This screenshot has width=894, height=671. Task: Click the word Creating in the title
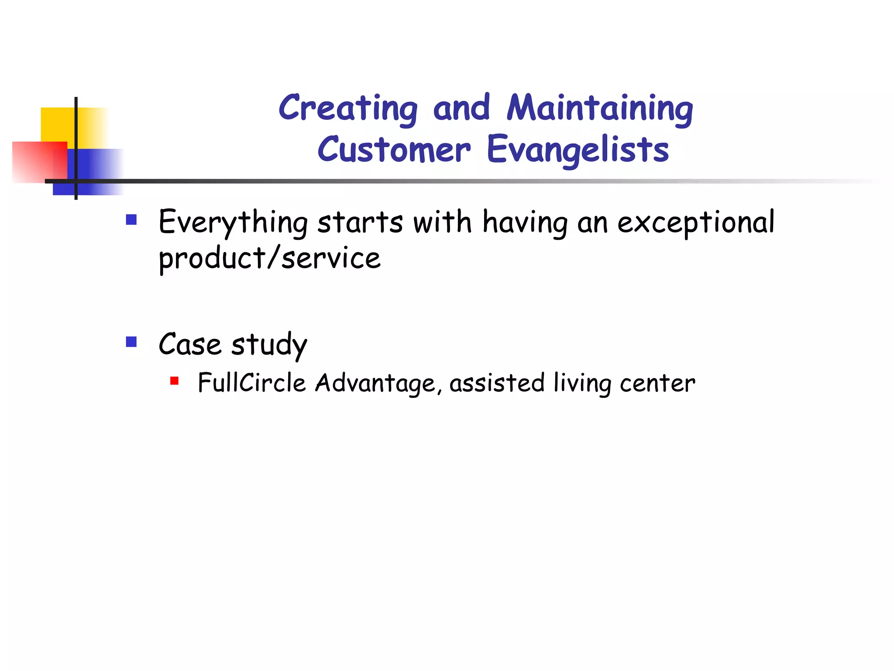point(348,108)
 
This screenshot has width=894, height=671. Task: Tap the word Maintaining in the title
point(600,108)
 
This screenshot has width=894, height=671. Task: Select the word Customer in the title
point(394,149)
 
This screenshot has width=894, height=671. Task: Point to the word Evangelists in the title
point(577,149)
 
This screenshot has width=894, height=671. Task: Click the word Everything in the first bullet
point(233,223)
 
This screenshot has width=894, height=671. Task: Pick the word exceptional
point(696,223)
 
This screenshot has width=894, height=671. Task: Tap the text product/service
point(269,259)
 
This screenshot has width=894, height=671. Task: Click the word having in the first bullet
point(525,223)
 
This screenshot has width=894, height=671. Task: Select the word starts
point(360,223)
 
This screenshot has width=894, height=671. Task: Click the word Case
point(189,344)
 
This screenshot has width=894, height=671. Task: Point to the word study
point(269,345)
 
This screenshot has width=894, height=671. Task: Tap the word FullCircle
point(251,383)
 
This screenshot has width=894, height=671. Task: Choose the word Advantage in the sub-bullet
point(375,384)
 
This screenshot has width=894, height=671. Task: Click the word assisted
point(497,383)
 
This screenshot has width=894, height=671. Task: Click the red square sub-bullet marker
point(174,381)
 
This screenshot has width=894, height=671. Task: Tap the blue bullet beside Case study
point(131,342)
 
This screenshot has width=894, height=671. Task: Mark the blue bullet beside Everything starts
point(131,219)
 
